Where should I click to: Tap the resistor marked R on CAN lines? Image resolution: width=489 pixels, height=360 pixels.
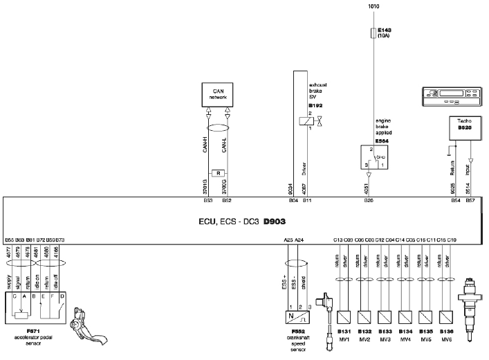click(x=219, y=172)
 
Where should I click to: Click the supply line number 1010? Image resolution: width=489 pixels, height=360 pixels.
click(x=373, y=6)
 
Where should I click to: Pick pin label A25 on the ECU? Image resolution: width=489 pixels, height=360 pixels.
click(x=288, y=240)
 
